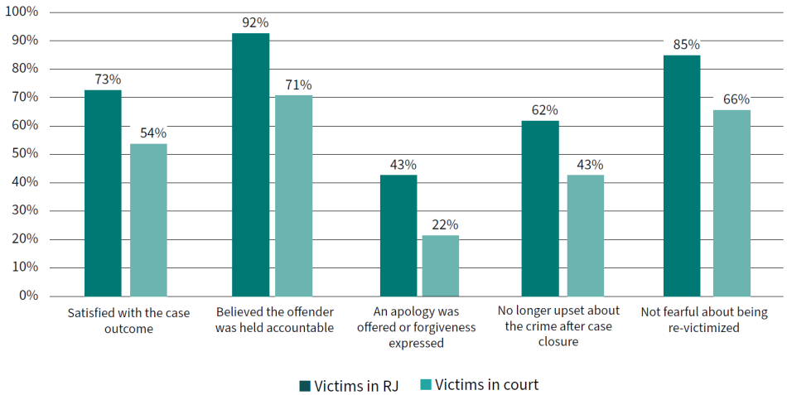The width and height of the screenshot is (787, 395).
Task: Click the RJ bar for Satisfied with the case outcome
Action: point(103,193)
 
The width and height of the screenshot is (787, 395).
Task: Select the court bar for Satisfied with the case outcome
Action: point(148,220)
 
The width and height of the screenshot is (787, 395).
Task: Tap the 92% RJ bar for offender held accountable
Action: point(250,165)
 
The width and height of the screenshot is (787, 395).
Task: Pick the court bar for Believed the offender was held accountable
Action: point(294,195)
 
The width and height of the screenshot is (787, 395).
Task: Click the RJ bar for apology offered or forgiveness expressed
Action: point(398,235)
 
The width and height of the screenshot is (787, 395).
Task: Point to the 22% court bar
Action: point(441,266)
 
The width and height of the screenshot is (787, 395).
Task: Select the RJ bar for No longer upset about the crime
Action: point(540,209)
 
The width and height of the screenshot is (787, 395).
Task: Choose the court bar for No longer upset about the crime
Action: point(586,235)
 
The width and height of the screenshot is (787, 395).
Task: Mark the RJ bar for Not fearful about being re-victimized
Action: point(682,176)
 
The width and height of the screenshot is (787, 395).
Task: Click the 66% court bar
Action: point(731,203)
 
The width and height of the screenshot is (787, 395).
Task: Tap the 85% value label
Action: point(686,45)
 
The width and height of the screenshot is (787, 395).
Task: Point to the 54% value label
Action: point(152,133)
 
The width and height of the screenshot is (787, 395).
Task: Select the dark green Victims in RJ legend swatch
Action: point(304,385)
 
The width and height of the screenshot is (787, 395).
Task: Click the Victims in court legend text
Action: point(486,384)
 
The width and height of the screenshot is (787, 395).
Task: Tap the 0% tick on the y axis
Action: point(29,296)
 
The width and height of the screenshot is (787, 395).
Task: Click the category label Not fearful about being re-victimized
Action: point(704,320)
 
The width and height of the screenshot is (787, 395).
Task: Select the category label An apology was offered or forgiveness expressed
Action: point(416,327)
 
